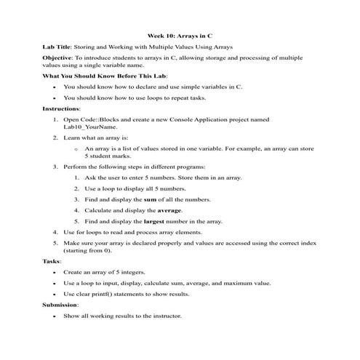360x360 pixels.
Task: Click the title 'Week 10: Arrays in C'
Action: [x=180, y=35]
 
